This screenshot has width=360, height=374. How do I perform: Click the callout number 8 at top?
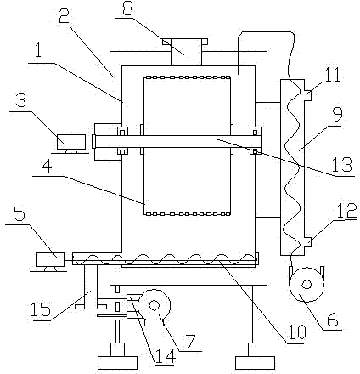click(x=127, y=8)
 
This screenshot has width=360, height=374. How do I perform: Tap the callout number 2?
click(x=65, y=17)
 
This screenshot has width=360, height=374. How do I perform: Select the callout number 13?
click(x=342, y=165)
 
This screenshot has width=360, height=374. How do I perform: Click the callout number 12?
click(x=347, y=211)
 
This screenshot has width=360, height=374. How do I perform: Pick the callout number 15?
click(x=41, y=309)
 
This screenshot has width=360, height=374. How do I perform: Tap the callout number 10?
click(x=297, y=331)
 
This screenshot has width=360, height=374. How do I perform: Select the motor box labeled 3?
click(x=70, y=141)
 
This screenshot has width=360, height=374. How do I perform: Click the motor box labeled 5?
click(x=50, y=259)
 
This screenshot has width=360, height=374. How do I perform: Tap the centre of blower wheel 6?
click(x=307, y=284)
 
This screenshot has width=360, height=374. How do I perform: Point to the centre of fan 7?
click(x=154, y=306)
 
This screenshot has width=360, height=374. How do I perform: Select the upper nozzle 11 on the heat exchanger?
click(x=307, y=95)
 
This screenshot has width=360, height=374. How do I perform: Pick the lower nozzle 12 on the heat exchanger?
click(x=307, y=242)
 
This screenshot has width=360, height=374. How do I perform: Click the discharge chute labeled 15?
click(x=91, y=286)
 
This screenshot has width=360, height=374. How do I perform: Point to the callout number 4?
click(x=47, y=168)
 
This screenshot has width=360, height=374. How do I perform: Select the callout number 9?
click(x=337, y=113)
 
